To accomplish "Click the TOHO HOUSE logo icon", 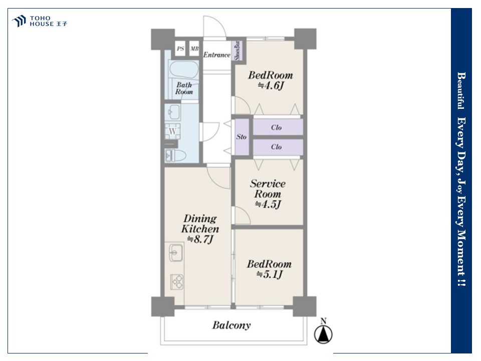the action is click(x=19, y=21).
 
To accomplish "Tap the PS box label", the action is click(x=180, y=49).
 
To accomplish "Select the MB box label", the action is click(x=194, y=49).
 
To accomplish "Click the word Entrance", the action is click(x=216, y=55).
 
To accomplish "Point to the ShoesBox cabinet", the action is click(x=238, y=51).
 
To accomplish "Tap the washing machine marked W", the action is click(x=173, y=131).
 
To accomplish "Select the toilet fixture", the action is click(x=175, y=155).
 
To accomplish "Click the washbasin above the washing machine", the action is click(x=173, y=112).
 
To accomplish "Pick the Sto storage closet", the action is click(x=242, y=137).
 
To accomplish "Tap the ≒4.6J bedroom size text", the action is click(x=271, y=85).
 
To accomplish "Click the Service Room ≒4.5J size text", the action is click(x=268, y=204).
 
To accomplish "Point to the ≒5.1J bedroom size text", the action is click(x=270, y=274).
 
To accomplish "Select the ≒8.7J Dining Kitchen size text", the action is click(x=200, y=239).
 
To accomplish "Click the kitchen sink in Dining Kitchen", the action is click(x=176, y=253).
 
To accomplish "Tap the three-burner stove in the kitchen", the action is click(x=177, y=282).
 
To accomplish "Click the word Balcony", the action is click(x=231, y=325).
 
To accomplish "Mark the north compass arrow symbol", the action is click(x=323, y=334).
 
